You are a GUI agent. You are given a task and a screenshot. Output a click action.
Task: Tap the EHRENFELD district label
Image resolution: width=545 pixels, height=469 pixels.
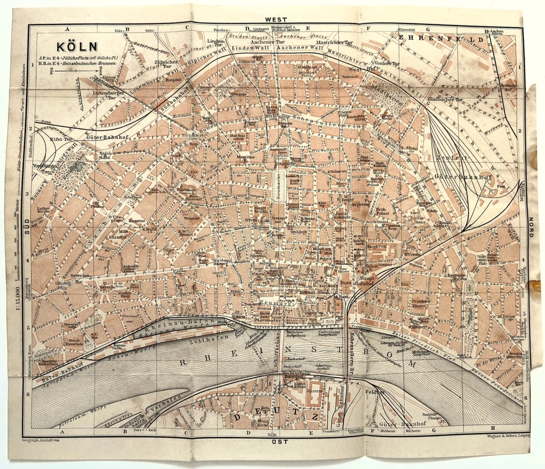(x=442, y=39)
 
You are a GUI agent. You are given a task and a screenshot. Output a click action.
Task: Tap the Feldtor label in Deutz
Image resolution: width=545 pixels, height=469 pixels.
(x=375, y=392)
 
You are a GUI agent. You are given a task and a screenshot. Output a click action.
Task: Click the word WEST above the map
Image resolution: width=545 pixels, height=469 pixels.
(x=280, y=19)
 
